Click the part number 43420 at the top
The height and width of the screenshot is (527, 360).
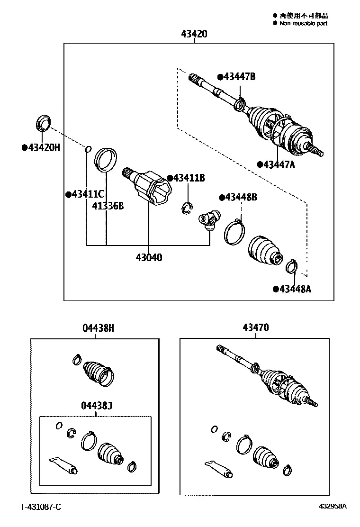[x=194, y=34]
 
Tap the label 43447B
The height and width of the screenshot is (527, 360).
[x=239, y=77]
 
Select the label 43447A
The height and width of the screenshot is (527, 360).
[x=279, y=164]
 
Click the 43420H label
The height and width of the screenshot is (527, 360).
[x=44, y=147]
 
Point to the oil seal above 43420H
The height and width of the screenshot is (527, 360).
[x=43, y=123]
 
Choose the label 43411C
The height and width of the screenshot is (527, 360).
[x=88, y=194]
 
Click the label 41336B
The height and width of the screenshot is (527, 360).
[x=108, y=206]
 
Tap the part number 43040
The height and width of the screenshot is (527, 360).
[x=149, y=257]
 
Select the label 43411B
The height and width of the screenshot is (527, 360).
[x=189, y=178]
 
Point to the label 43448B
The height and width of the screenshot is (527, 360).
[x=241, y=197]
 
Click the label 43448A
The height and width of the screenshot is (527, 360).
[x=295, y=289]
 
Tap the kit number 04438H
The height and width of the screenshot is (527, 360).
[x=99, y=327]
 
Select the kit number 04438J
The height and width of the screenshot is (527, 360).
[x=97, y=406]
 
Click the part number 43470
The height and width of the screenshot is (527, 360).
[x=256, y=327]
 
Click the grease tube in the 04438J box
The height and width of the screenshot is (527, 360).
[x=63, y=465]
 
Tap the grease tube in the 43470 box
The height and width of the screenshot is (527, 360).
[x=219, y=469]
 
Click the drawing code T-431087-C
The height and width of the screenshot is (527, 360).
[x=41, y=507]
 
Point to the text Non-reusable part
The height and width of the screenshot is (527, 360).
[x=303, y=23]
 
